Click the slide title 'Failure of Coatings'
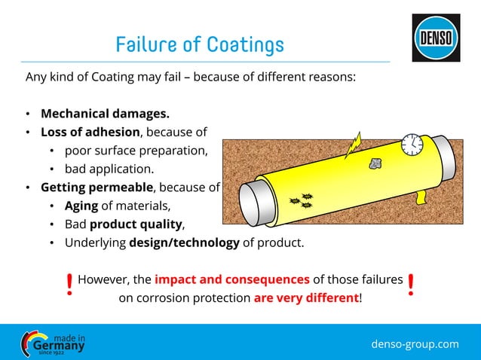pos(200,45)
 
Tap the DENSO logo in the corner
pos(435,38)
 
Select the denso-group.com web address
pos(415,344)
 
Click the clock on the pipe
pos(412,145)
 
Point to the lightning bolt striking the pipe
pos(354,145)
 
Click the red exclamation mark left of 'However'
pos(69,285)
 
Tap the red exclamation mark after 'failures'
pos(411,285)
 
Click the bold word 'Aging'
pos(80,206)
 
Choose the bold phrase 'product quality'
pos(136,224)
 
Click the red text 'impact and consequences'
pos(231,279)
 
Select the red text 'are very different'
pos(306,297)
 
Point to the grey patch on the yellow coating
pos(375,163)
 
